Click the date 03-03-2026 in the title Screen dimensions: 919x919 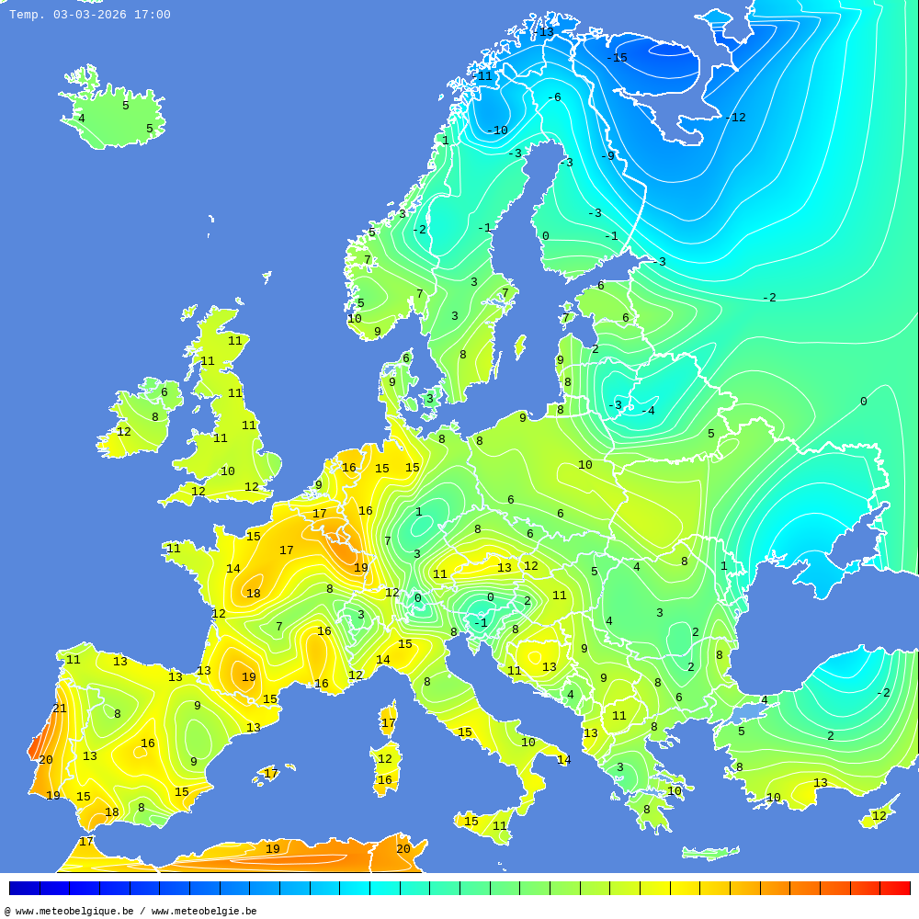[90, 15]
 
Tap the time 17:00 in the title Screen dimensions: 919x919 [152, 15]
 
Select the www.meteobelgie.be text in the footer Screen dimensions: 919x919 [204, 911]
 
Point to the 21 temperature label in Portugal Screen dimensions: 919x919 [60, 709]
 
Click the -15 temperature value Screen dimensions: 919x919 [617, 58]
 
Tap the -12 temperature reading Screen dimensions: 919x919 [735, 118]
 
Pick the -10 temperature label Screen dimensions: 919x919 [497, 130]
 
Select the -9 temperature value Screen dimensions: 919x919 [607, 156]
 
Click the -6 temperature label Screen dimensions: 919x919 [553, 97]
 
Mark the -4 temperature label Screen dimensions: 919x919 [648, 411]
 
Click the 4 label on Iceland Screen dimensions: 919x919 [81, 119]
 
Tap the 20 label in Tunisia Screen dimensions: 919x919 [403, 849]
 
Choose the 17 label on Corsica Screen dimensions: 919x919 [388, 723]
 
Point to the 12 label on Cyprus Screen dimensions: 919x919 [879, 816]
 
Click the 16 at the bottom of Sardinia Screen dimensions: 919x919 [384, 780]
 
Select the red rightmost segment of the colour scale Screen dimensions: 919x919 [895, 888]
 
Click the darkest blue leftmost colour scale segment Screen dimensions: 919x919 [24, 888]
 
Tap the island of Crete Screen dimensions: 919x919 [710, 854]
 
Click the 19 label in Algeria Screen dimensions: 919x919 [273, 849]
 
